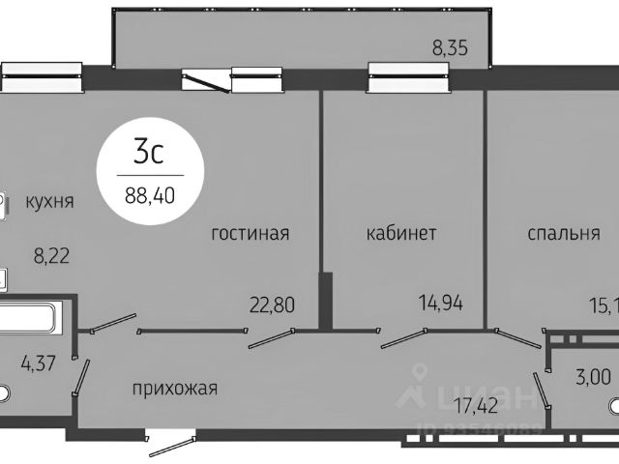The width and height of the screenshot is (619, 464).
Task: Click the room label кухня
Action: click(50, 201)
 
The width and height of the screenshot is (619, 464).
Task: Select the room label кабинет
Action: click(401, 233)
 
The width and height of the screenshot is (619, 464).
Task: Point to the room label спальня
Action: click(564, 233)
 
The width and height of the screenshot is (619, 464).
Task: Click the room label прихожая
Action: click(175, 389)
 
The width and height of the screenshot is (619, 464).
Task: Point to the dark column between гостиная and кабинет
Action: click(326, 301)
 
